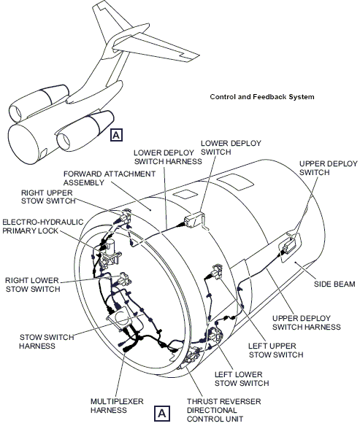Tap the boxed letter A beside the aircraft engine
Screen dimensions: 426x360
(117, 133)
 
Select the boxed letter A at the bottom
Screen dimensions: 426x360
(163, 414)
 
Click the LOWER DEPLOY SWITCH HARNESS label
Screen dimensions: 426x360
(167, 157)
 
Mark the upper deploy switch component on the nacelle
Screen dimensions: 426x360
(283, 252)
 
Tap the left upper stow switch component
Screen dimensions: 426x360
(215, 271)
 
